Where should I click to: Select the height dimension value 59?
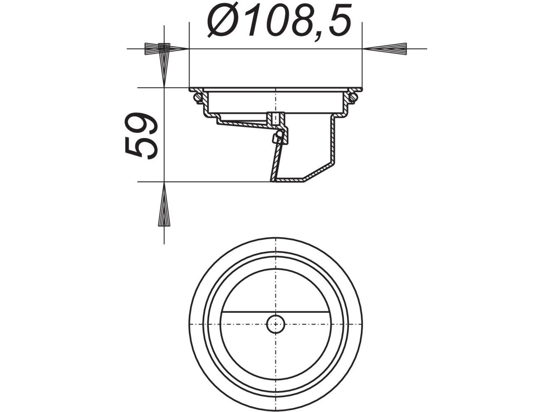click(141, 135)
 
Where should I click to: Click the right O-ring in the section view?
click(353, 98)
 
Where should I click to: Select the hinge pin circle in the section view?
click(280, 134)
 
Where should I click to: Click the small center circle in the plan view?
click(275, 324)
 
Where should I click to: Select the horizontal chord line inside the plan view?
click(247, 312)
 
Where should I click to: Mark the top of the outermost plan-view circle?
click(275, 238)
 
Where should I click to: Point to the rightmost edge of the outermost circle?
click(362, 324)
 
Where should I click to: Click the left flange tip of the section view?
click(191, 89)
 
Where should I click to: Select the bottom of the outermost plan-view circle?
click(275, 410)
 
